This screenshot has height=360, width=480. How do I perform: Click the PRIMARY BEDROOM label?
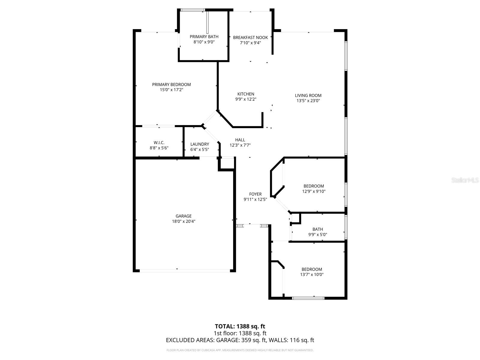171,85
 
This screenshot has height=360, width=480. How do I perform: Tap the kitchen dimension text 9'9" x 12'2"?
246,99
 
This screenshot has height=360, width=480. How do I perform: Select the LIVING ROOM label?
308,95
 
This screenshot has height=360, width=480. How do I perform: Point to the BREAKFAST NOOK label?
250,37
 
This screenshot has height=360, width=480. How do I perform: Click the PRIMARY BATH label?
204,37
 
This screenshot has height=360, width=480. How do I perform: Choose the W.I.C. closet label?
159,143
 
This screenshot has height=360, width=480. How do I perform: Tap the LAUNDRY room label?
199,144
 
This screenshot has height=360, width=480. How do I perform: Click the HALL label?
240,140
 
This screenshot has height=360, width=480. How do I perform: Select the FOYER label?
255,194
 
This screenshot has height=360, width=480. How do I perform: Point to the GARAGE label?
184,216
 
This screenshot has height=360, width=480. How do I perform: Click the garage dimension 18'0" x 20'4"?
184,221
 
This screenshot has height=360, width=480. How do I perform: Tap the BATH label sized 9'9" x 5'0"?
318,229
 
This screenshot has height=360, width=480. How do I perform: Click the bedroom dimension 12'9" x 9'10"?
314,191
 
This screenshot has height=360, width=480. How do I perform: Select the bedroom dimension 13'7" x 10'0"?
312,274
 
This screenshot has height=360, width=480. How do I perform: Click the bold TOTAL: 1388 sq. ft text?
240,326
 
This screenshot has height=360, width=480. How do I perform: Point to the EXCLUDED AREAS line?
240,340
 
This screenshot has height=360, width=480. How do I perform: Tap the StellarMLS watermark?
465,180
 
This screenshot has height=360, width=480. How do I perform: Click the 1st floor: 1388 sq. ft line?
240,333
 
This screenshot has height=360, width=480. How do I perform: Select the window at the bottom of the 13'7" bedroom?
308,298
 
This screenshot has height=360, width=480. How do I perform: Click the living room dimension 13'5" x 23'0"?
308,101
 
